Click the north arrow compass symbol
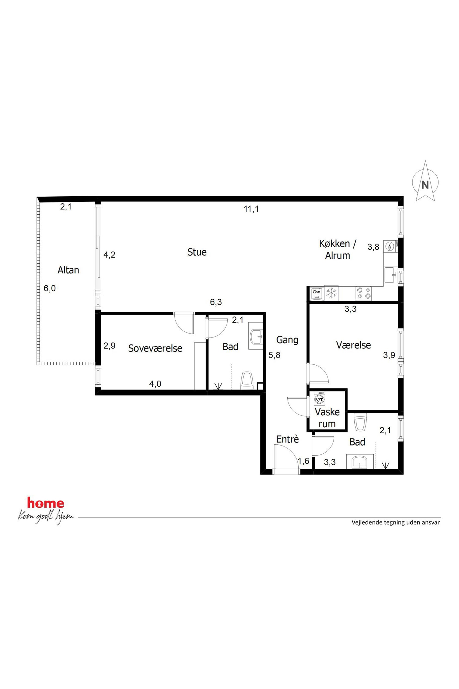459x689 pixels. (x=425, y=181)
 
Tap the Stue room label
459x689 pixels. (x=197, y=252)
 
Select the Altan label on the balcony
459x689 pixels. (x=68, y=270)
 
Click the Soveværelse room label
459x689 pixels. (x=155, y=348)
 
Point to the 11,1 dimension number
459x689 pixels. (x=251, y=209)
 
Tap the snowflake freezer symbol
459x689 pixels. (x=331, y=293)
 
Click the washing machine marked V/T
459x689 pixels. (x=319, y=399)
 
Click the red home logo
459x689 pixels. (x=46, y=503)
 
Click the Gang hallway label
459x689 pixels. (x=287, y=340)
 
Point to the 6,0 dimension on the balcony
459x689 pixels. (x=50, y=288)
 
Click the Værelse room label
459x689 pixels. (x=354, y=345)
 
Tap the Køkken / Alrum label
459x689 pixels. (x=338, y=249)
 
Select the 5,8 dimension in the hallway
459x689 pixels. (x=274, y=355)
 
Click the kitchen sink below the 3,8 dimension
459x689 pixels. (x=391, y=275)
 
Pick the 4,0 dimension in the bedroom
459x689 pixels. (x=155, y=384)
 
